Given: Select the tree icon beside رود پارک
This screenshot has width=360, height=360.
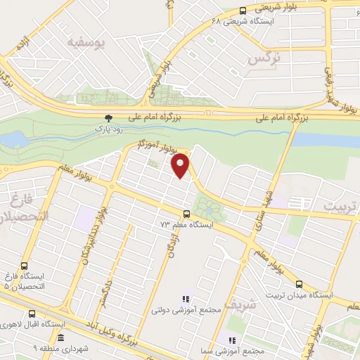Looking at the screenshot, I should [x=108, y=119].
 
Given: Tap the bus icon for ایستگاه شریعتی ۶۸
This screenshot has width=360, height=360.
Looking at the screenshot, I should [x=243, y=10].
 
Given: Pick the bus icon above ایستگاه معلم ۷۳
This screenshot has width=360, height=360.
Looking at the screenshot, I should [x=186, y=214].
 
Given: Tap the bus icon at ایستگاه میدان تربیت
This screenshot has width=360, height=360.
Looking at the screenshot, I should [x=300, y=284].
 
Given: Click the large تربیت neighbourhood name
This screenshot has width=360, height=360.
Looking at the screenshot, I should [x=340, y=205].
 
